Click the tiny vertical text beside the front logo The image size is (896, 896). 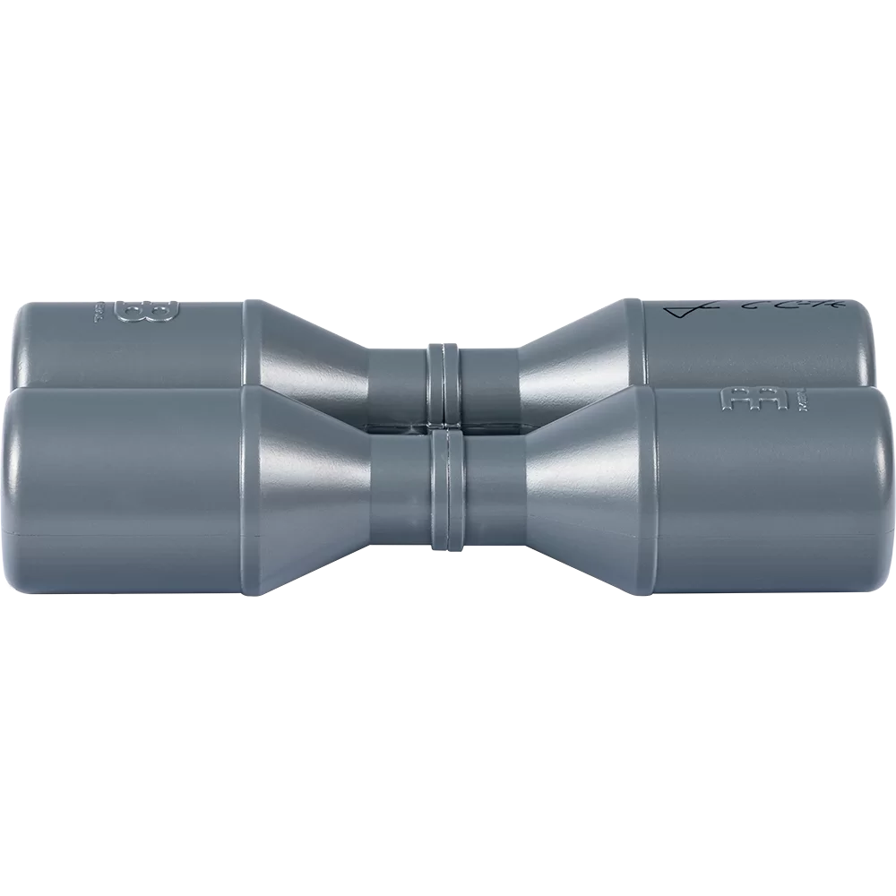pos(788,401)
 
